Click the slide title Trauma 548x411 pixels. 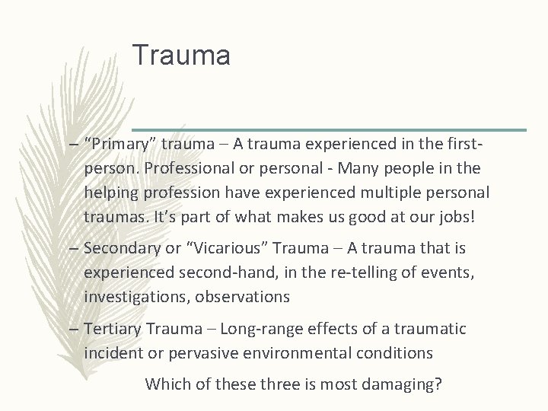pos(180,56)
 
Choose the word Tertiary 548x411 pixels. pos(113,329)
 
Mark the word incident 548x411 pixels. pos(112,352)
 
